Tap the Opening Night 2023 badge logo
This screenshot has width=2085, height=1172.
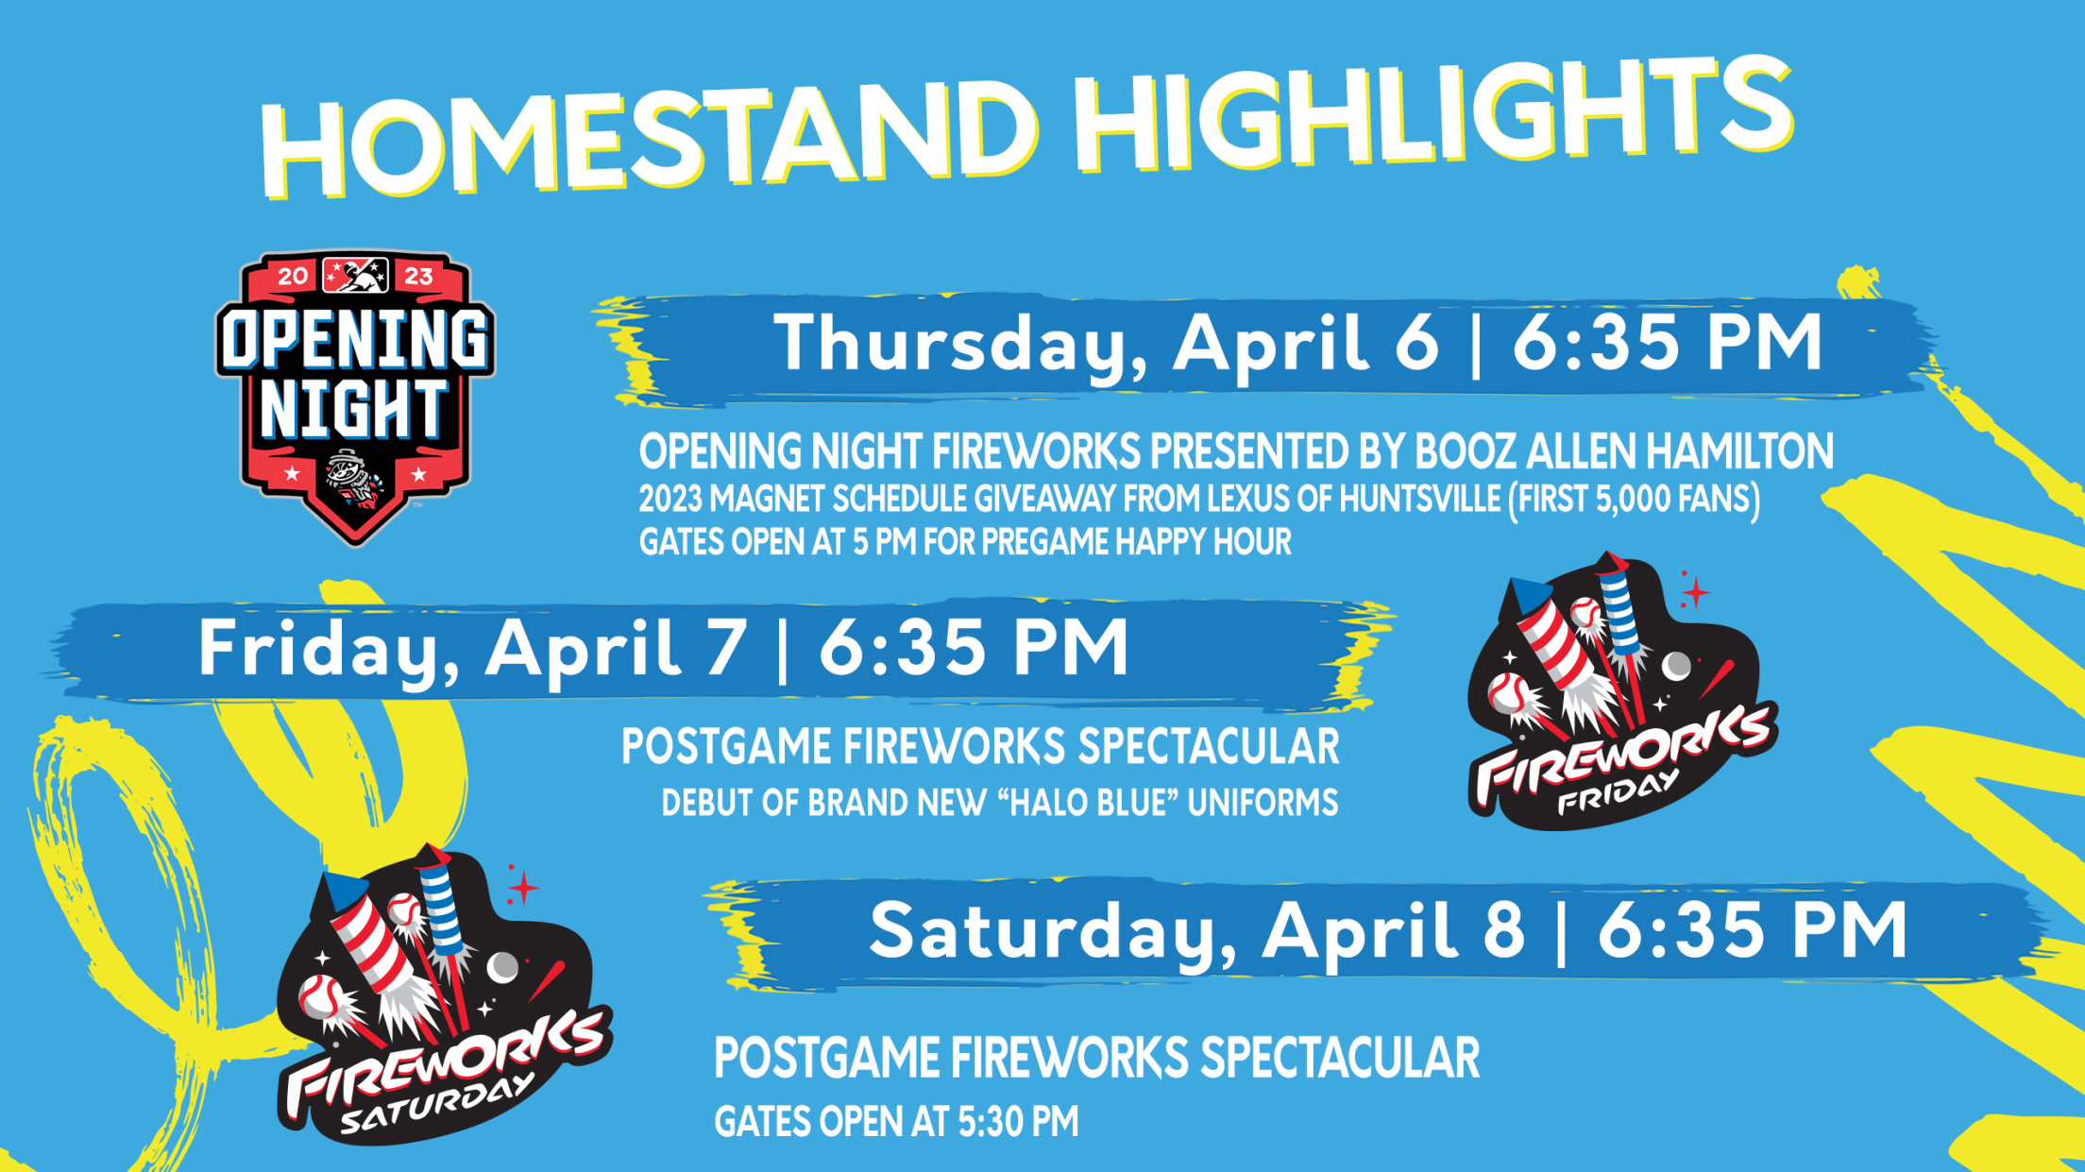(x=355, y=398)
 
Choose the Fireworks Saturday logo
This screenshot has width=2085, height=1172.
(x=444, y=995)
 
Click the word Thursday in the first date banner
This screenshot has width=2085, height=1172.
(x=961, y=344)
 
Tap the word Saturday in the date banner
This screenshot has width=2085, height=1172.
(x=1053, y=933)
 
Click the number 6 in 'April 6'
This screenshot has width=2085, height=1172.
(x=1415, y=342)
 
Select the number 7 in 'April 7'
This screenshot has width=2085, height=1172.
(x=724, y=648)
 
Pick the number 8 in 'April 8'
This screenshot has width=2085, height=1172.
(x=1503, y=929)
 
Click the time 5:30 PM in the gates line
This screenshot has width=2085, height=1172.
(x=1018, y=1122)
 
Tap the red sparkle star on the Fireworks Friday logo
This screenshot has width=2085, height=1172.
(x=1695, y=592)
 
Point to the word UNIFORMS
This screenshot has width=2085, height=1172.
(x=1263, y=802)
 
